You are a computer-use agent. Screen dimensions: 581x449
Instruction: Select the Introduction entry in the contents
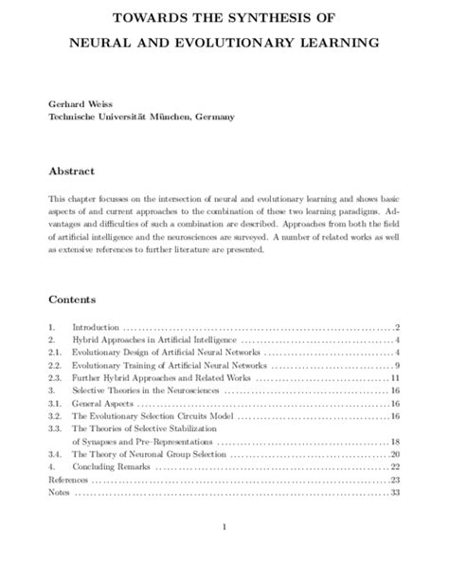pos(98,326)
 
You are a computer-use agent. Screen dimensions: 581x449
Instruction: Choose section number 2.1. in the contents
pos(56,352)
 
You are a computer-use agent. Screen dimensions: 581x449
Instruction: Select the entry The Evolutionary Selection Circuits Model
pos(146,416)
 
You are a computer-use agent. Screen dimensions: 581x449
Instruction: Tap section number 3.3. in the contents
pos(56,428)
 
